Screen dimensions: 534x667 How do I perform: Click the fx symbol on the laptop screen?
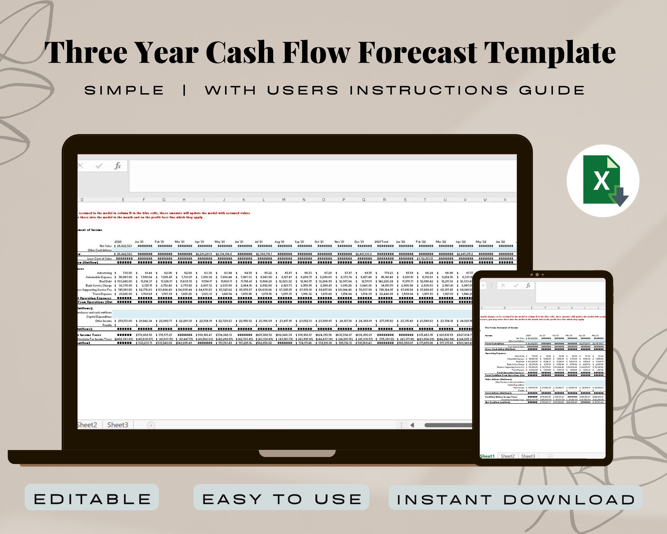pos(118,166)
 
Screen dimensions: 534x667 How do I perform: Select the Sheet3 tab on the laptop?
pos(118,425)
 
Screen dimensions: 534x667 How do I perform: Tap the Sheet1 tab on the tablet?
pos(487,456)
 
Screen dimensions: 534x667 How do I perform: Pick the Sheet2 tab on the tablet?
pos(508,456)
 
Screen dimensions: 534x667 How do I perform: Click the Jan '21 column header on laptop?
pos(139,242)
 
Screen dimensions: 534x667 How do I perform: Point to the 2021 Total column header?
pos(381,242)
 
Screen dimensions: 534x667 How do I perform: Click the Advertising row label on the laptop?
pos(104,273)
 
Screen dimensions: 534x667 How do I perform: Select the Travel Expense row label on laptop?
pos(102,294)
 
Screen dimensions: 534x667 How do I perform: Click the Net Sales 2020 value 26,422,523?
pos(124,246)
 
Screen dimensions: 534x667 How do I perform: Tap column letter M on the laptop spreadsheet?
pos(284,200)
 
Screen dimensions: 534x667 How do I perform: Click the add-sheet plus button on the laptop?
pos(151,425)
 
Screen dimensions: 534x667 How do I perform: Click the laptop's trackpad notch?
pos(297,453)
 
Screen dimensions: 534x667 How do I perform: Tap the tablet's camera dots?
pos(537,275)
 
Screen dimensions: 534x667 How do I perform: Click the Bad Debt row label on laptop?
pos(106,281)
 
